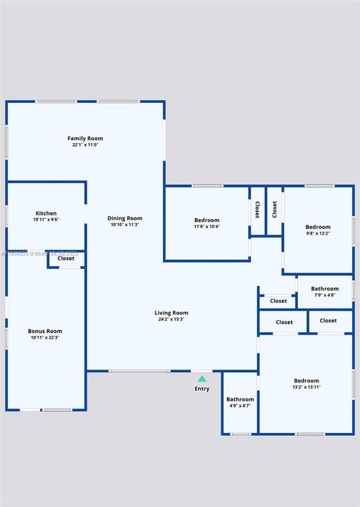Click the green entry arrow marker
(x=202, y=379)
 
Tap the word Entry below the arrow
(x=202, y=389)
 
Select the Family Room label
(x=85, y=138)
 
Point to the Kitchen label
(x=46, y=213)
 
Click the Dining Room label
(x=125, y=218)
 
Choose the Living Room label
(x=171, y=313)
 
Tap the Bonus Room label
(x=45, y=331)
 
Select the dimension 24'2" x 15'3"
(x=170, y=320)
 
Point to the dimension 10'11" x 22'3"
(x=45, y=338)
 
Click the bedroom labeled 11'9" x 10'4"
(x=207, y=223)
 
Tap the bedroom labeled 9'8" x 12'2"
(x=318, y=230)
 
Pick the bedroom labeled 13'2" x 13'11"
(x=306, y=384)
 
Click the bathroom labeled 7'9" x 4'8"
(x=325, y=292)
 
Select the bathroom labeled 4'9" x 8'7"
(x=240, y=402)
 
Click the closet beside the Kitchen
(x=66, y=258)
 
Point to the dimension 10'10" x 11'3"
(x=125, y=225)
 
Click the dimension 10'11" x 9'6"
(x=46, y=220)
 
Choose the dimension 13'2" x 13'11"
(x=306, y=387)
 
